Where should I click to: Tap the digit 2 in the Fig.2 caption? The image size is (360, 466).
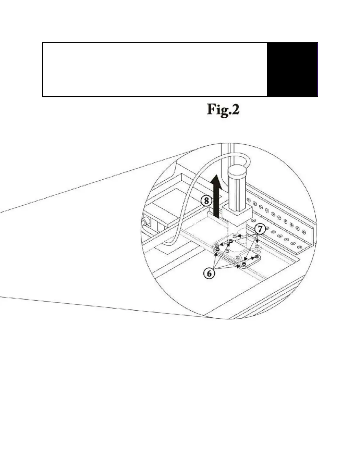(x=235, y=110)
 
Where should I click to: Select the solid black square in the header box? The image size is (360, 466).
(x=292, y=69)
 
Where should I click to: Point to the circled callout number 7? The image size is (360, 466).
(x=260, y=229)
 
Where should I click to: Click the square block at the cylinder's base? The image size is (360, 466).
(x=237, y=214)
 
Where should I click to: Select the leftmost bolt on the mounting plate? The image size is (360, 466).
(x=217, y=249)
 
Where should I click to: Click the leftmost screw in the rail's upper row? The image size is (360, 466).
(x=249, y=201)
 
